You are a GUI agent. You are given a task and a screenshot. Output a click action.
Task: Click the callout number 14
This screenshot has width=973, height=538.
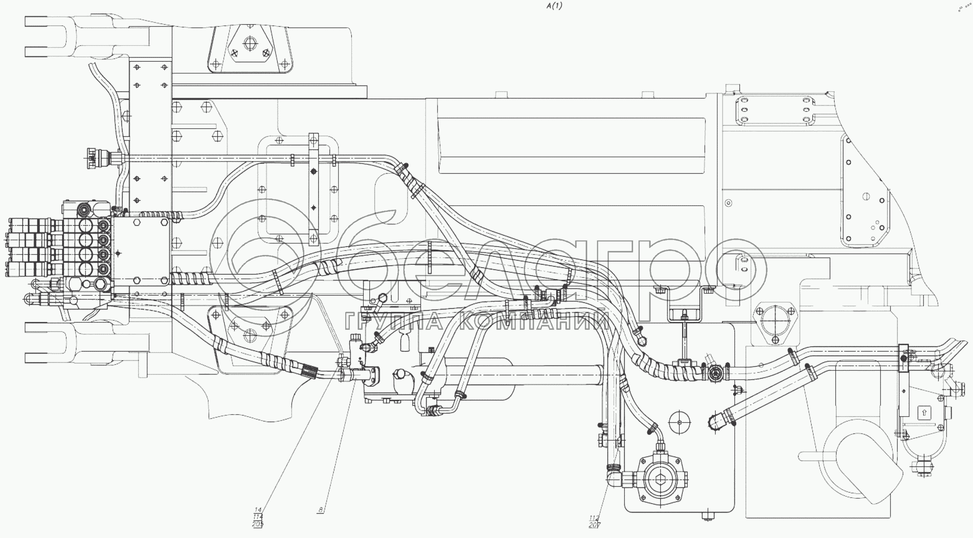258,510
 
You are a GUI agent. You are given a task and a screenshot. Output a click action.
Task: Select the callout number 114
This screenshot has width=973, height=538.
258,517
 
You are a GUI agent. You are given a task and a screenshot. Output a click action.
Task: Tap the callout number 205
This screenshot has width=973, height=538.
258,524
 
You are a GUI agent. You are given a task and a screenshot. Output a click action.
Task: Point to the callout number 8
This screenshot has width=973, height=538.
321,510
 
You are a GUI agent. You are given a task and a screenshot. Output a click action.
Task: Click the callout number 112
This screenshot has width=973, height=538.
594,518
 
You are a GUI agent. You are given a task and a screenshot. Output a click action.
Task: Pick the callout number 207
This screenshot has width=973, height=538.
594,525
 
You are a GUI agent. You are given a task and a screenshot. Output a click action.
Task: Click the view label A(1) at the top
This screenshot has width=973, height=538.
554,6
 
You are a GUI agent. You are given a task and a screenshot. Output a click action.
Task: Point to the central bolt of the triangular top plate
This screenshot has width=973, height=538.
249,44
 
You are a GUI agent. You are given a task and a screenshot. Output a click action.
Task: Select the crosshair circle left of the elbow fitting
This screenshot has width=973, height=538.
679,422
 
